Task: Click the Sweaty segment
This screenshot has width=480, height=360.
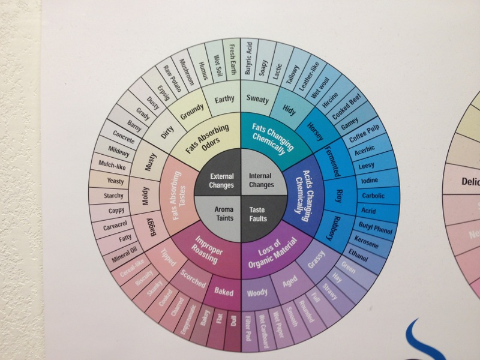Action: [257, 98]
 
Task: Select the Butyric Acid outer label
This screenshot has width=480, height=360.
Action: [250, 58]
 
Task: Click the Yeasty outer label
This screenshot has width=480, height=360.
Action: [115, 181]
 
